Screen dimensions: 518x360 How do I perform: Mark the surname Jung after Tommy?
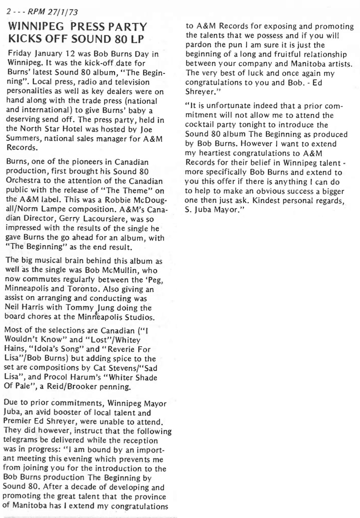coord(103,308)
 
